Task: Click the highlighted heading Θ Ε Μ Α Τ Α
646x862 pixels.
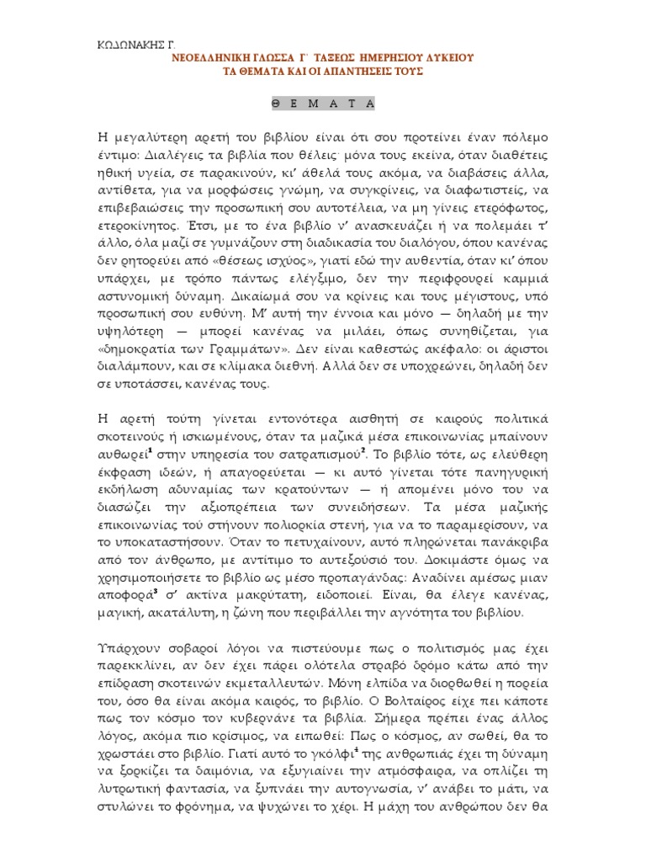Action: (323, 103)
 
